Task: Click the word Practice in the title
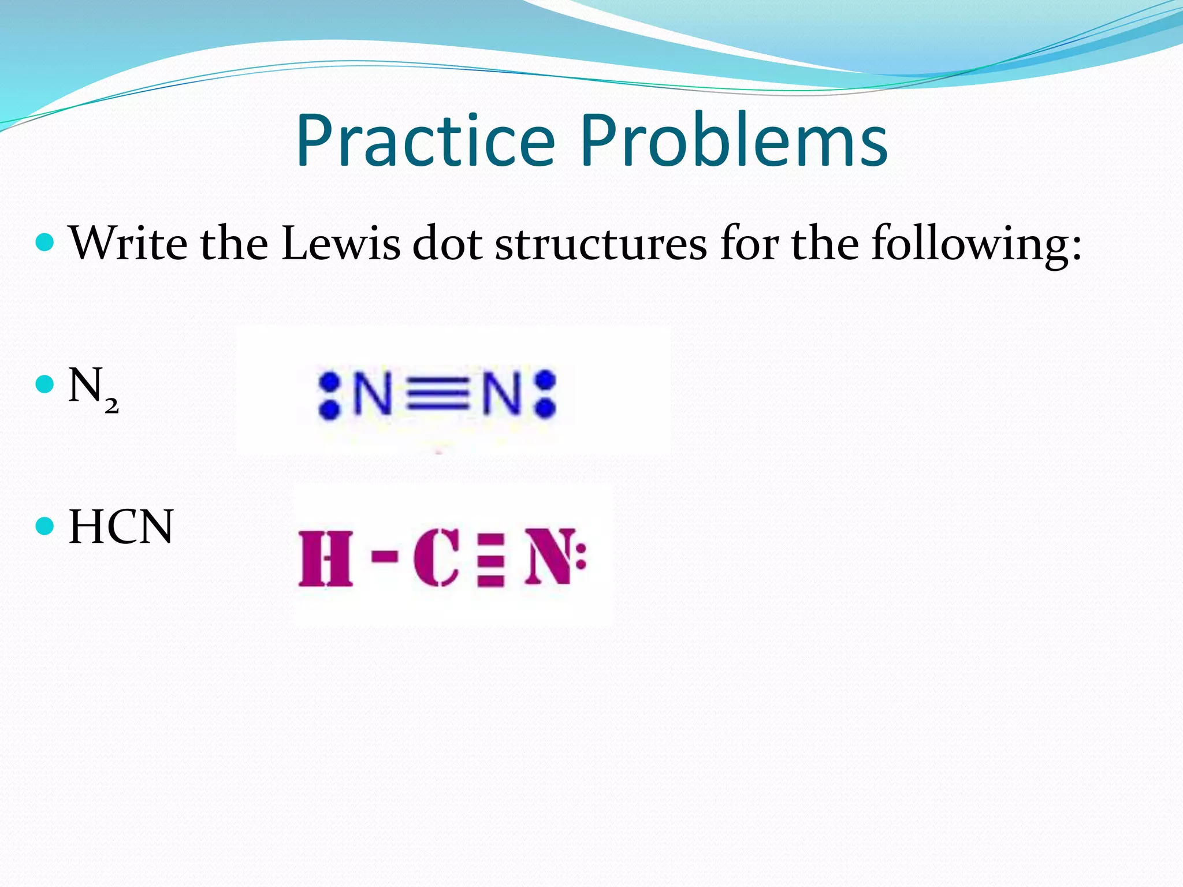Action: [x=425, y=141]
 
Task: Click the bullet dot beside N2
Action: [x=44, y=384]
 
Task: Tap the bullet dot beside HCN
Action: [x=44, y=526]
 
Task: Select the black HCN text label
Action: [x=121, y=527]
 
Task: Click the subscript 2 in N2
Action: [x=111, y=407]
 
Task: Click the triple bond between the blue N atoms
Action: [x=437, y=394]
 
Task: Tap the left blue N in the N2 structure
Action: [x=373, y=394]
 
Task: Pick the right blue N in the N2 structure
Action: [x=501, y=394]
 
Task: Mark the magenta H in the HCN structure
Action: [x=325, y=558]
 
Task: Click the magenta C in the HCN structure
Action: [x=436, y=558]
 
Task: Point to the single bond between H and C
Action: [x=384, y=557]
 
